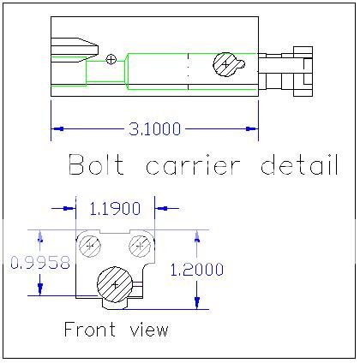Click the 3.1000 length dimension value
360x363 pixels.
pos(155,129)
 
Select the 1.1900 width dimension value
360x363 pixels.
pos(115,209)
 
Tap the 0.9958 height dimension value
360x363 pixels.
pos(40,263)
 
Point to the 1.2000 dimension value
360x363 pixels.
pos(197,270)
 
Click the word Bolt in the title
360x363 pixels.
pos(97,164)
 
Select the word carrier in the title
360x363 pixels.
pos(193,165)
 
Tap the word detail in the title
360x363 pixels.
pos(300,164)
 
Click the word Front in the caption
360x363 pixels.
pos(90,329)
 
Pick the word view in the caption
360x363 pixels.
pos(149,330)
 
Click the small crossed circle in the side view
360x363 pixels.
pos(111,59)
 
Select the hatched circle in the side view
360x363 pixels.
pos(226,65)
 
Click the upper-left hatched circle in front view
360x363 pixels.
pos(90,246)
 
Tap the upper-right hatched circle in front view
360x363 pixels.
pos(140,246)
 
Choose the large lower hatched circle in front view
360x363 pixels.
pos(115,284)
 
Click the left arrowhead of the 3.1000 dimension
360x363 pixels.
pos(57,129)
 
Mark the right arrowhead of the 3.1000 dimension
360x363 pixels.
pos(252,129)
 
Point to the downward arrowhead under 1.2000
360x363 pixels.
pos(197,303)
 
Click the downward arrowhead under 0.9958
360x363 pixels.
pos(40,289)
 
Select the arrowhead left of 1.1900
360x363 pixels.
pos(69,209)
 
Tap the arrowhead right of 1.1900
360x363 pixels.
pos(161,209)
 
